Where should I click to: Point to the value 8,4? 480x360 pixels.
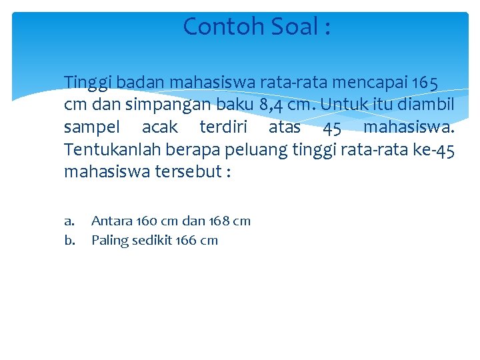pyautogui.click(x=273, y=105)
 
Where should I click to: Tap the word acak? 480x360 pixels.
pyautogui.click(x=160, y=127)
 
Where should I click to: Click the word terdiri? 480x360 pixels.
pyautogui.click(x=221, y=127)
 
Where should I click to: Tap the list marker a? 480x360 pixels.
pyautogui.click(x=69, y=221)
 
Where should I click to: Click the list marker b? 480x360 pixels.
pyautogui.click(x=69, y=240)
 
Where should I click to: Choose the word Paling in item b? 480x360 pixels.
pyautogui.click(x=110, y=241)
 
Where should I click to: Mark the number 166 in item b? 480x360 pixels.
pyautogui.click(x=187, y=240)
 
